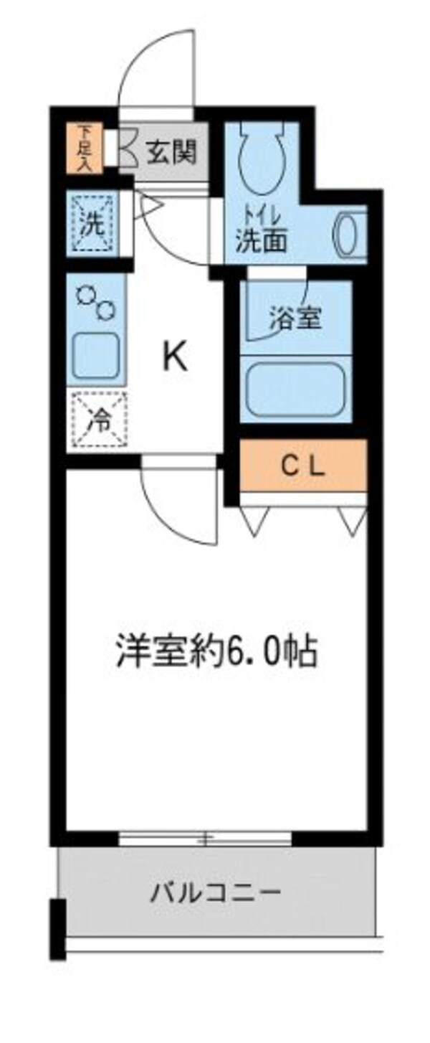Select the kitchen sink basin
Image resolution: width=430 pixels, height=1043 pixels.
pyautogui.click(x=96, y=357)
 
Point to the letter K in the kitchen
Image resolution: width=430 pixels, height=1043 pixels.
pyautogui.click(x=174, y=357)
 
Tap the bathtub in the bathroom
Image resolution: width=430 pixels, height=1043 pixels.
pyautogui.click(x=295, y=387)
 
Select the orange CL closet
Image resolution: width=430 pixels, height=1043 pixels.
pyautogui.click(x=302, y=466)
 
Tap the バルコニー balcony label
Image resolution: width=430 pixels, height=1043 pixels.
pyautogui.click(x=215, y=894)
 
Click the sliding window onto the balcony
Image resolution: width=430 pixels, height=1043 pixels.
pyautogui.click(x=206, y=837)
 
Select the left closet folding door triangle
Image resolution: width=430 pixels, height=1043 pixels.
pyautogui.click(x=256, y=521)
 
